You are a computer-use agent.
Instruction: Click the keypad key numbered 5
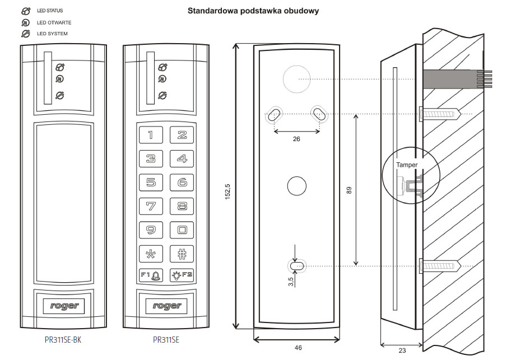pyautogui.click(x=151, y=182)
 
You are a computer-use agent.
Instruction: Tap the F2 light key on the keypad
pyautogui.click(x=182, y=275)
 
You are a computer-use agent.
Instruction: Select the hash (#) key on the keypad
pyautogui.click(x=182, y=252)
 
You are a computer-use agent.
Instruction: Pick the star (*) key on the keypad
pyautogui.click(x=151, y=252)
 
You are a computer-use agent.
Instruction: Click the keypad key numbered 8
pyautogui.click(x=182, y=205)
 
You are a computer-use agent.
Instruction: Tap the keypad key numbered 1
pyautogui.click(x=151, y=135)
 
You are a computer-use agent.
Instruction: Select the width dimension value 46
pyautogui.click(x=298, y=348)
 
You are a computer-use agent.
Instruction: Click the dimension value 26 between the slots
pyautogui.click(x=296, y=139)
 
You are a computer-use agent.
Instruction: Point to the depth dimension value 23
pyautogui.click(x=402, y=350)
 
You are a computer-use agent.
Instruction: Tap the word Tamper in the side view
pyautogui.click(x=407, y=165)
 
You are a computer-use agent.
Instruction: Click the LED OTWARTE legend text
pyautogui.click(x=54, y=23)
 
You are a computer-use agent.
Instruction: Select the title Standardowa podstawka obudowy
pyautogui.click(x=253, y=11)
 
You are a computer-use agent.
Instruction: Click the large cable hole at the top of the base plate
pyautogui.click(x=296, y=79)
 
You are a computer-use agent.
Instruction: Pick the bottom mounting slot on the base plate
pyautogui.click(x=296, y=266)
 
